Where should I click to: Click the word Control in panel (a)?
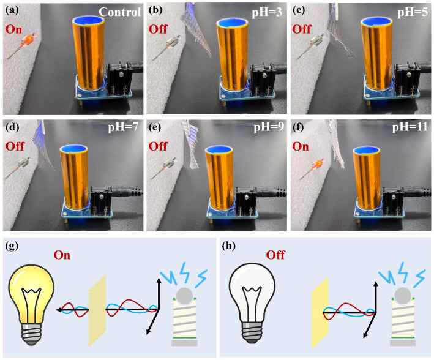pyautogui.click(x=119, y=12)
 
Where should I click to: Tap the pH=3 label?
pyautogui.click(x=267, y=13)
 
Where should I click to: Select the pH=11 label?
pyautogui.click(x=410, y=128)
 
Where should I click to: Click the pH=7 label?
pyautogui.click(x=123, y=128)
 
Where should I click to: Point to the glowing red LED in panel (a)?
pyautogui.click(x=29, y=39)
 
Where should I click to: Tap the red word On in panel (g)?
pyautogui.click(x=62, y=255)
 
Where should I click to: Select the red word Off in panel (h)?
pyautogui.click(x=275, y=255)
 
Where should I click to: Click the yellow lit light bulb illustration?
pyautogui.click(x=31, y=304)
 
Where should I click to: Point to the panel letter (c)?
pyautogui.click(x=298, y=10)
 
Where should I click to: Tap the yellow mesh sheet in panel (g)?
pyautogui.click(x=97, y=310)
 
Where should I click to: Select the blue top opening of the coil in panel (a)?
pyautogui.click(x=89, y=20)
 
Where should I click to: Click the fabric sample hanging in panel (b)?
pyautogui.click(x=196, y=31)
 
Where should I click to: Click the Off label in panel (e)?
pyautogui.click(x=158, y=146)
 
